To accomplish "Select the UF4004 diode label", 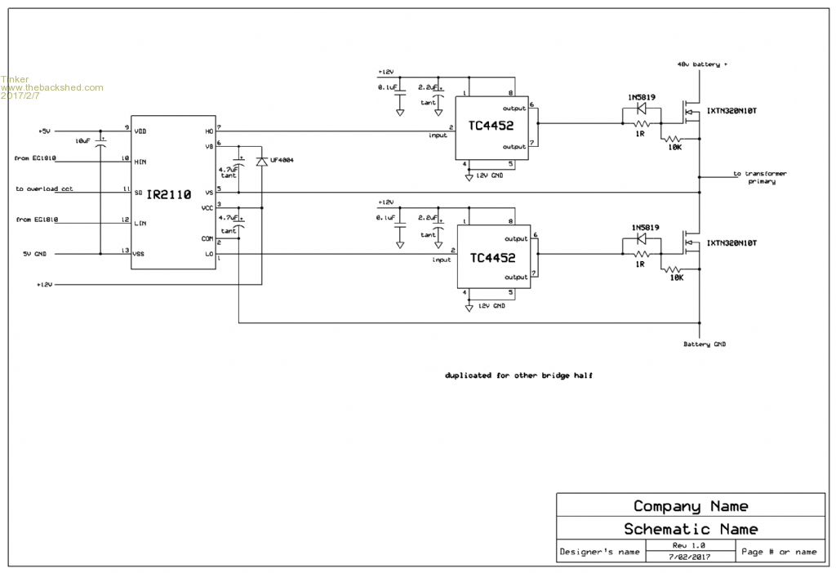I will tap(281, 160).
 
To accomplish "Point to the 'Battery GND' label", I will tap(705, 344).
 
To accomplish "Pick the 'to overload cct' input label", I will tap(44, 189).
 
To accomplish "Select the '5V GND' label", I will tap(38, 254).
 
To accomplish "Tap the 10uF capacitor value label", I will tap(82, 141).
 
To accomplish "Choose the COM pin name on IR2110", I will tap(207, 238).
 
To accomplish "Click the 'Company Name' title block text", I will tap(691, 506).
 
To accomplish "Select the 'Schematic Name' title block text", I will tap(691, 529).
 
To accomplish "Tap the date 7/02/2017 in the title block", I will tap(689, 557).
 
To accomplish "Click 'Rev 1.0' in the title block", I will tap(689, 545).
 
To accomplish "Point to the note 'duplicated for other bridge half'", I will tap(518, 375).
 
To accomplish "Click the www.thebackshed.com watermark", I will tap(52, 87).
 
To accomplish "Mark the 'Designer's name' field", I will tap(599, 552).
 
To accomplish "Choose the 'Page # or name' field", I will tap(778, 552).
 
